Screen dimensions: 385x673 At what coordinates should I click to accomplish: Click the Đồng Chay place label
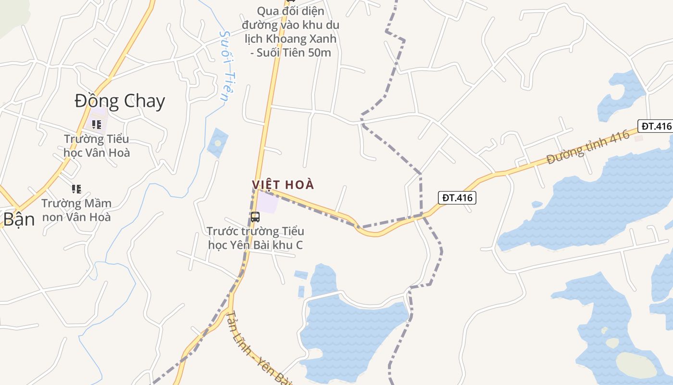[x=120, y=101]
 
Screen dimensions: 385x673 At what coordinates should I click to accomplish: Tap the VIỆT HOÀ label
[x=283, y=185]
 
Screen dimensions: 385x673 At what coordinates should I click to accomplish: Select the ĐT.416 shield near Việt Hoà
[x=457, y=197]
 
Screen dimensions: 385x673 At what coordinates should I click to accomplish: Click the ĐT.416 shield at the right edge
[x=656, y=126]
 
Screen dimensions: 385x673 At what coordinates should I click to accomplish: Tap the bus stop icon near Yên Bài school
[x=255, y=217]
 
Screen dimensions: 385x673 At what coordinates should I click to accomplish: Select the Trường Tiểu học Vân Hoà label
[x=97, y=146]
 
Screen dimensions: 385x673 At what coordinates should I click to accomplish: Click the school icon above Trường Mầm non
[x=76, y=189]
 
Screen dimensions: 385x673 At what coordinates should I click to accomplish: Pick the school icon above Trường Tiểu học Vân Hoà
[x=96, y=125]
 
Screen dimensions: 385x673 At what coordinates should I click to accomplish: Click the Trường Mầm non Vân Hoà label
[x=76, y=210]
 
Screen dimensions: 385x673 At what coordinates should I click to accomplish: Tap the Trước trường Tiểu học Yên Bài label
[x=255, y=238]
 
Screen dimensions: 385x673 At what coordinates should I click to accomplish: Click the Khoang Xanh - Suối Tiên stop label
[x=291, y=32]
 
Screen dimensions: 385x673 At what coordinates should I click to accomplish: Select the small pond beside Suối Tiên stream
[x=217, y=142]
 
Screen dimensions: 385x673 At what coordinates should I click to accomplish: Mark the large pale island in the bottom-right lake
[x=636, y=365]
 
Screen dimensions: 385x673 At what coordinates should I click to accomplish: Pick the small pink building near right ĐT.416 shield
[x=638, y=138]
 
